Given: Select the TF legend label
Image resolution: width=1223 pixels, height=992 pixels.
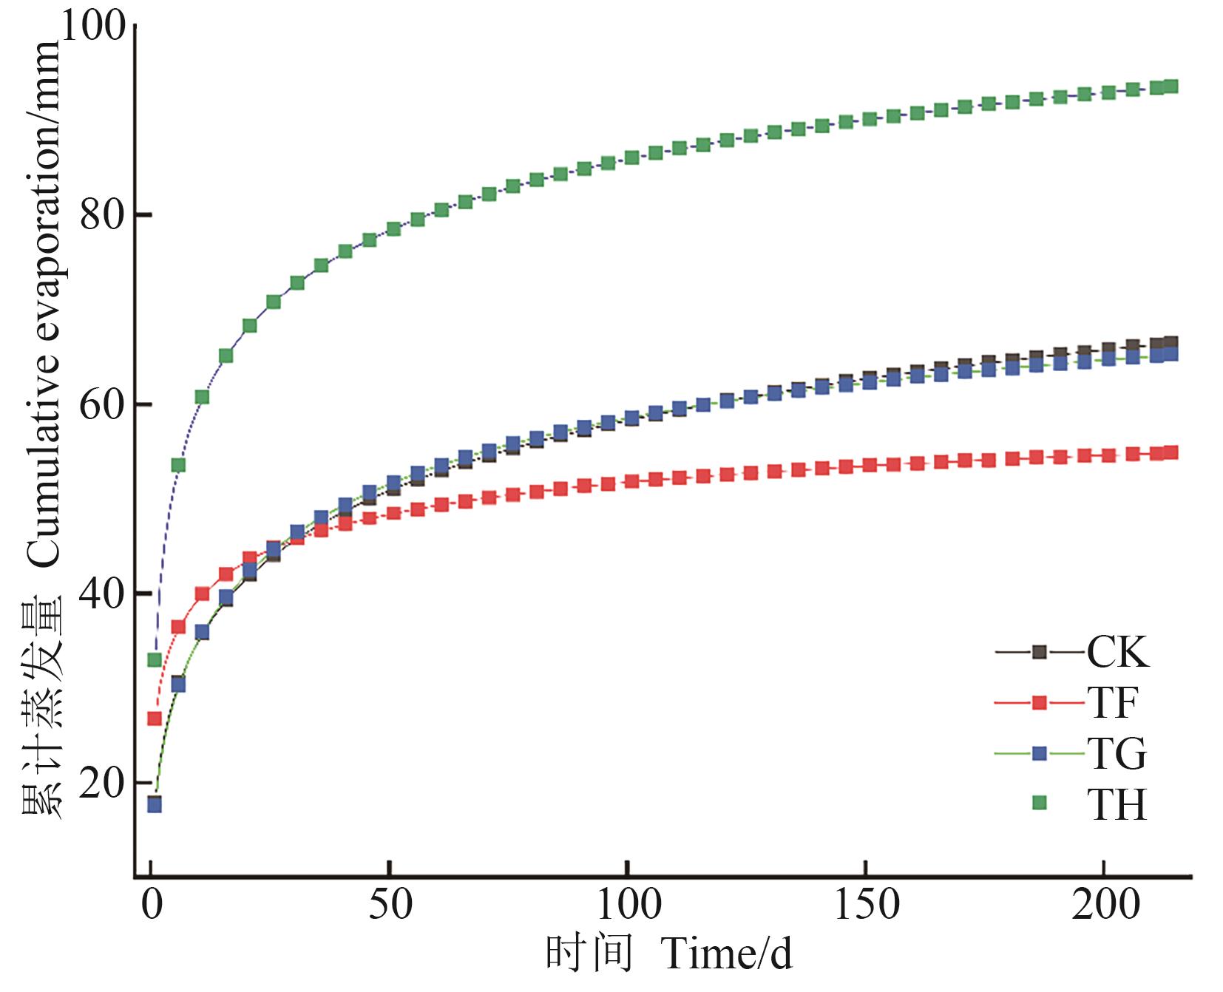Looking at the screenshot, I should [x=1111, y=703].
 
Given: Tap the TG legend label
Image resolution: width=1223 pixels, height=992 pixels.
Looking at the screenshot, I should [x=1117, y=754].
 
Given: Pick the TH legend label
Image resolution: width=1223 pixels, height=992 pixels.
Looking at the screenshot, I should [x=1117, y=805].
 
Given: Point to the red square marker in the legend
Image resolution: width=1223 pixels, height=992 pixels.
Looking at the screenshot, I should [x=1040, y=703].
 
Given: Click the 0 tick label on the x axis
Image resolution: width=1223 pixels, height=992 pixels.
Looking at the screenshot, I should [x=152, y=905].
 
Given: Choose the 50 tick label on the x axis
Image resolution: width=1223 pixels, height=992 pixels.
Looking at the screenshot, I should [x=390, y=905].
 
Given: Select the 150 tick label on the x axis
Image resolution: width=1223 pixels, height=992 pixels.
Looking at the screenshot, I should [x=866, y=905].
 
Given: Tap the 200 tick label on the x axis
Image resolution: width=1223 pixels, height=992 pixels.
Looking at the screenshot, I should [x=1104, y=905].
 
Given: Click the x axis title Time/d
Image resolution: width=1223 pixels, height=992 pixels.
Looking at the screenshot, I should [x=727, y=956].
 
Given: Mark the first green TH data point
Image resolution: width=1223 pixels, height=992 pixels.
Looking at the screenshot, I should [x=155, y=659].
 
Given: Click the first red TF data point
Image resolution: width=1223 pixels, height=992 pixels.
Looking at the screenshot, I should [x=155, y=718].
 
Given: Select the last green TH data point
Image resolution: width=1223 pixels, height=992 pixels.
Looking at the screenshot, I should [x=1171, y=86].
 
